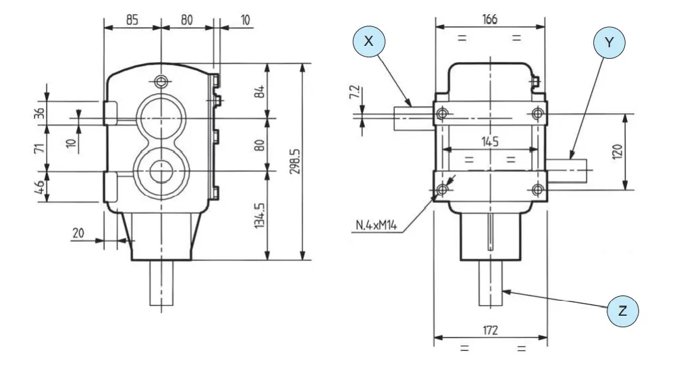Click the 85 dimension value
[132, 20]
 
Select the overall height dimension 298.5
[295, 161]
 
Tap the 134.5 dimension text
[259, 215]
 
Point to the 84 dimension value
[259, 90]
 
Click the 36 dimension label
[40, 113]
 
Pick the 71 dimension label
[40, 147]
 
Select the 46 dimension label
[40, 187]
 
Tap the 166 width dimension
[489, 20]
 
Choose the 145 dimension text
[489, 142]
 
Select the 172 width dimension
[490, 330]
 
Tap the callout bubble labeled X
[368, 41]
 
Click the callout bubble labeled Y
[609, 43]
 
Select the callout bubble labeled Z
[622, 311]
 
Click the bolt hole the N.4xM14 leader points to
[441, 190]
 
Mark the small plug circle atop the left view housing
[161, 82]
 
